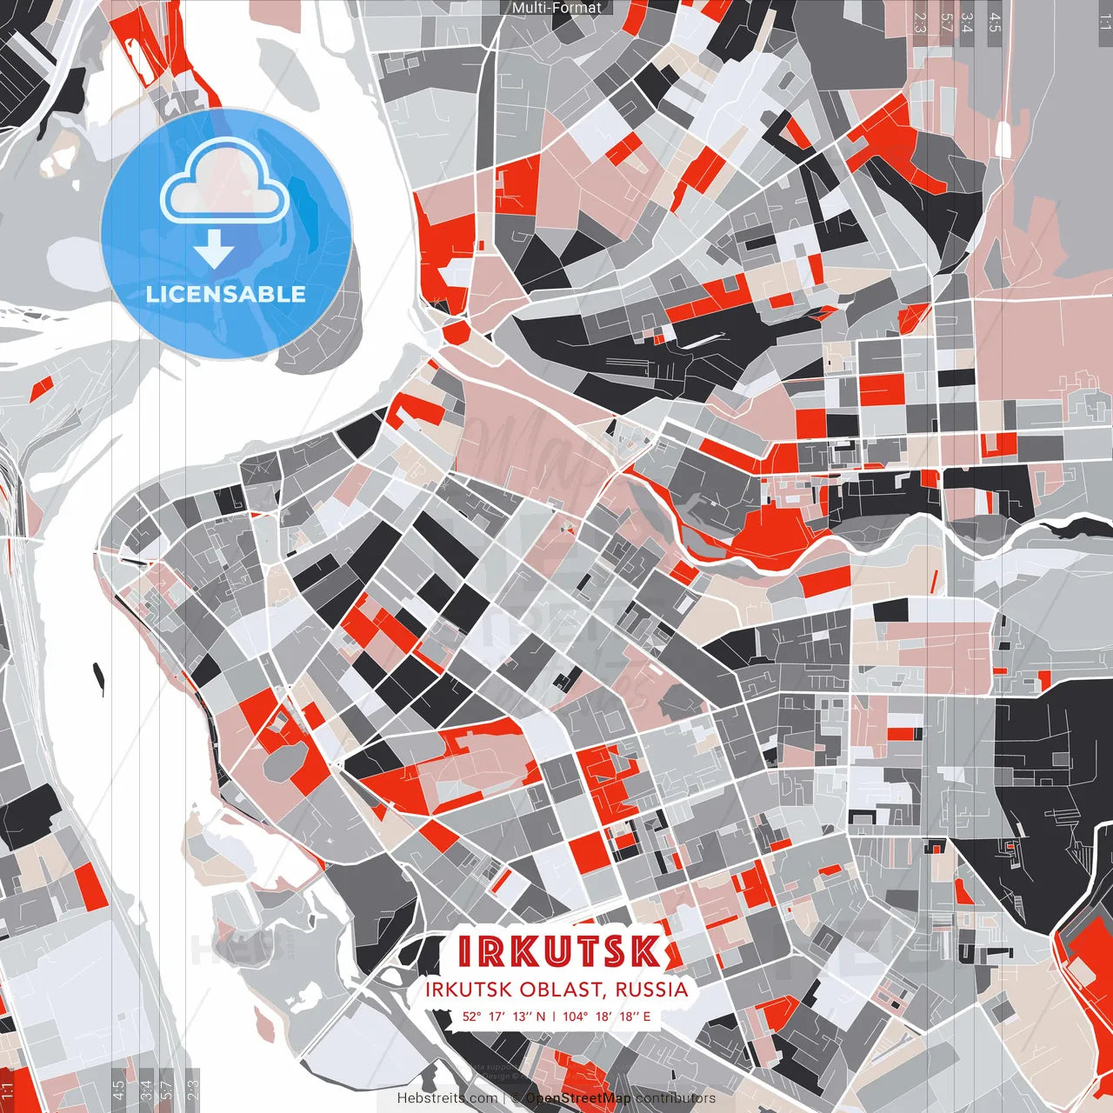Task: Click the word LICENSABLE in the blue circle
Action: pos(226,294)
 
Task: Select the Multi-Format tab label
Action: pos(556,8)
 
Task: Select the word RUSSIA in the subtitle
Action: pos(652,990)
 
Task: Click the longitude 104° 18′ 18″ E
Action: pos(606,1016)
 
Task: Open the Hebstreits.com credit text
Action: pos(447,1098)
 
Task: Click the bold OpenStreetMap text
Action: pos(578,1098)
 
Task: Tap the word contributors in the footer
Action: pos(676,1098)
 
